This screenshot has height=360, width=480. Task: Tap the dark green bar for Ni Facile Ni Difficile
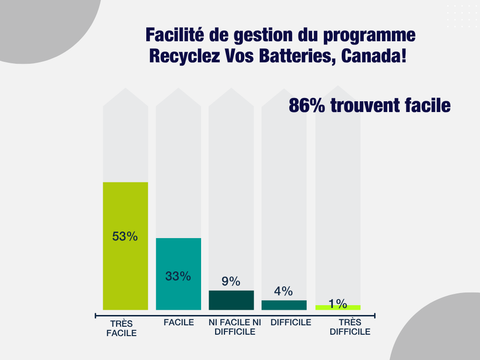point(231,300)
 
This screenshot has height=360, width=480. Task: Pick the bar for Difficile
point(284,305)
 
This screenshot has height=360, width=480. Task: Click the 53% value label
point(125,236)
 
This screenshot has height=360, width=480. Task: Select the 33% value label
point(178,276)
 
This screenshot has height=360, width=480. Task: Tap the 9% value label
point(231,281)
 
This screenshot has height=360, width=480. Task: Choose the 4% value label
point(284,291)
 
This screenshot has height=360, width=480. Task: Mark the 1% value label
point(337,304)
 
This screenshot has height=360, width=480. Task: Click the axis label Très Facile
point(121,329)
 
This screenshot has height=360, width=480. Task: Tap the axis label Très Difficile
point(350,327)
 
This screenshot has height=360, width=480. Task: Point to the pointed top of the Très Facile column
point(126,90)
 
